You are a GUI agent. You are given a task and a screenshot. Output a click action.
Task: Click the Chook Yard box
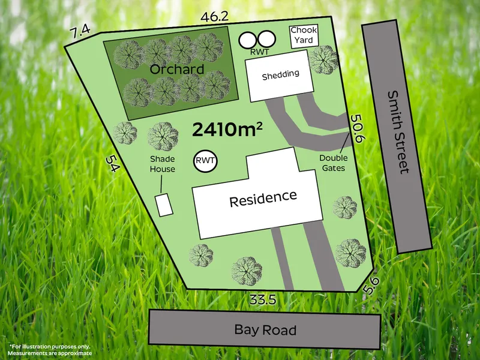click(304, 35)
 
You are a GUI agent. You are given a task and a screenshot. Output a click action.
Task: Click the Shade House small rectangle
click(164, 205)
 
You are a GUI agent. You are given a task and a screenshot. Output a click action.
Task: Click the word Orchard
click(176, 69)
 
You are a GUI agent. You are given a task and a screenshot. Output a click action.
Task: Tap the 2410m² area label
click(229, 128)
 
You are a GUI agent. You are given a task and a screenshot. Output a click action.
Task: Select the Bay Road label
click(265, 330)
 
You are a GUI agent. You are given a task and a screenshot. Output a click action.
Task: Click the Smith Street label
click(397, 131)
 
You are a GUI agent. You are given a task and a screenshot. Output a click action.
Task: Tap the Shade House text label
click(163, 164)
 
